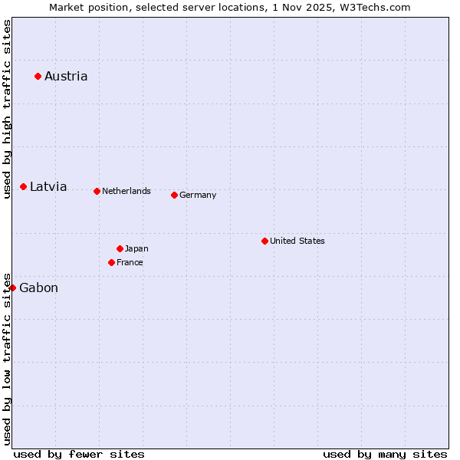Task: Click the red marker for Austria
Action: [x=38, y=76]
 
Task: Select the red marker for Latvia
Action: [x=24, y=187]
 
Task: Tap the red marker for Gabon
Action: [x=12, y=287]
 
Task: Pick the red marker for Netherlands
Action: [x=97, y=191]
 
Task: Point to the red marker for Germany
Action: [x=174, y=195]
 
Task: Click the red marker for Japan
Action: [x=120, y=248]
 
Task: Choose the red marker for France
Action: [x=111, y=262]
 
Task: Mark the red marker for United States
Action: [x=264, y=241]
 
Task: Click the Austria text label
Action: [x=66, y=76]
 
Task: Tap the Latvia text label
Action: [x=48, y=187]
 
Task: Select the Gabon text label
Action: [x=38, y=288]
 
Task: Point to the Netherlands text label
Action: [x=127, y=191]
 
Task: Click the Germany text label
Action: [x=198, y=195]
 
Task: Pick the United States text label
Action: [x=297, y=241]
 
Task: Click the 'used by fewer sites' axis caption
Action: [x=79, y=454]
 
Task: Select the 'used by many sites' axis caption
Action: [x=385, y=454]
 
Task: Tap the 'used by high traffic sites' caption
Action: [x=7, y=109]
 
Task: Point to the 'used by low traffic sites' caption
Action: [x=7, y=358]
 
